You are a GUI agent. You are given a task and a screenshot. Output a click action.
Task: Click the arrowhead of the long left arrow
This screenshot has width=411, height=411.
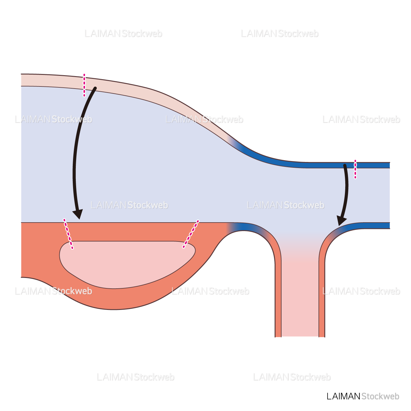tap(78, 214)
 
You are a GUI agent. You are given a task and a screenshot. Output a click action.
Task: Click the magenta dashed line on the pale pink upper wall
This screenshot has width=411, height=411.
tap(84, 85)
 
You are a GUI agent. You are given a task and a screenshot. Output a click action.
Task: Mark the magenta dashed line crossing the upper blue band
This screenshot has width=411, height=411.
tap(355, 169)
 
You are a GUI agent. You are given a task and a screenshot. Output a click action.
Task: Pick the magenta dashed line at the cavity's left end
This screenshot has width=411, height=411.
tap(68, 234)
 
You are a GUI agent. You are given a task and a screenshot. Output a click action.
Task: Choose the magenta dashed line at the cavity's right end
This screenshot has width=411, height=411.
tap(191, 234)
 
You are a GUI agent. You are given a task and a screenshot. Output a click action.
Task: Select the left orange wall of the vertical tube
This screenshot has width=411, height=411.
tap(278, 298)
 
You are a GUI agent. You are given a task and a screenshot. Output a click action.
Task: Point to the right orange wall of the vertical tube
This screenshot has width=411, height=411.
tap(322, 298)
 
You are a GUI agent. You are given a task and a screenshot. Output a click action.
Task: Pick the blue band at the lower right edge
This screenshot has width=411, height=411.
tap(371, 226)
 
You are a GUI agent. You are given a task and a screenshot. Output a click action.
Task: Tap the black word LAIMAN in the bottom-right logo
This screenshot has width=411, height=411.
tap(343, 396)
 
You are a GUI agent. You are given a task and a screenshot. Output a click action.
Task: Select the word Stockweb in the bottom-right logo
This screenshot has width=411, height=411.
tap(380, 396)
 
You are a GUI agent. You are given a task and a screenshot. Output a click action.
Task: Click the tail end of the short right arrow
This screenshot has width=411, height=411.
tap(345, 166)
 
